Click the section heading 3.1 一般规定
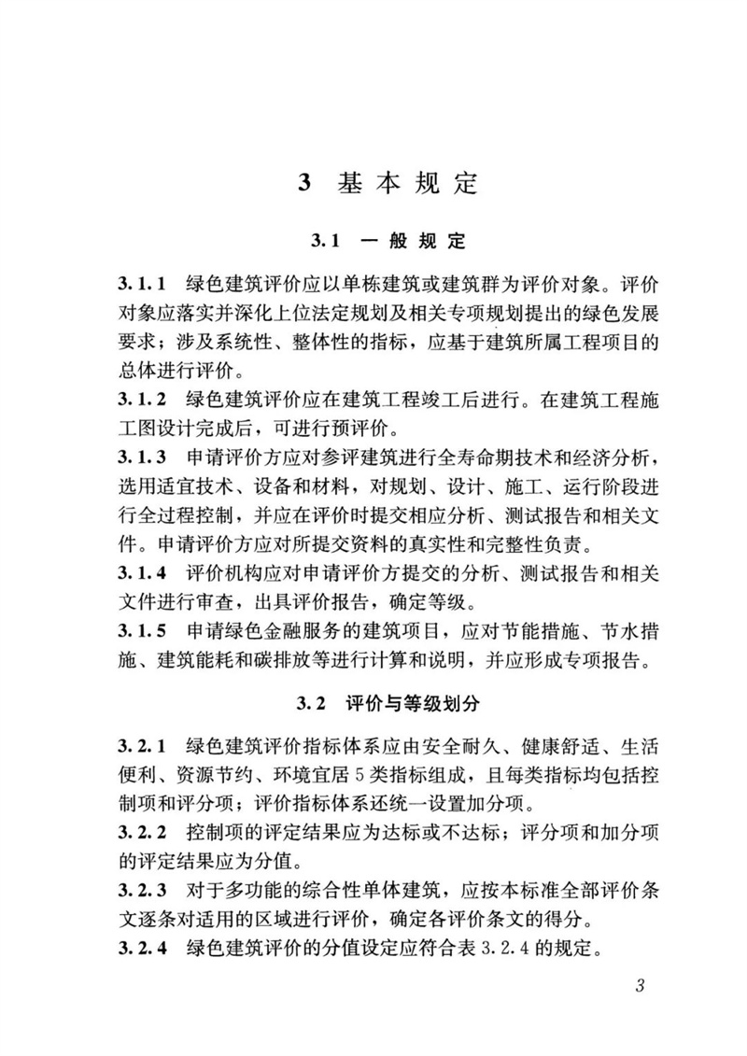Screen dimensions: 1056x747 (388, 242)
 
